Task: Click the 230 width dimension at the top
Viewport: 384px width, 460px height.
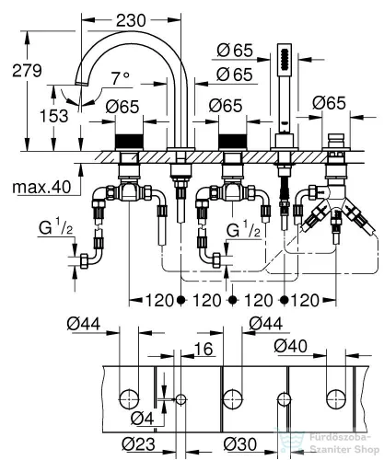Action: [x=131, y=20]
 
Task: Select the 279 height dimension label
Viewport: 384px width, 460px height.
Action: [x=27, y=71]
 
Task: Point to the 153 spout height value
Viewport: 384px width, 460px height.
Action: [x=54, y=116]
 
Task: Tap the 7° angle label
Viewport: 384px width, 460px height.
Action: [x=120, y=78]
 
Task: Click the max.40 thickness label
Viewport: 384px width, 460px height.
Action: [x=41, y=187]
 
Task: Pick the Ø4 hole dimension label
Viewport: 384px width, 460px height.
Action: [x=142, y=419]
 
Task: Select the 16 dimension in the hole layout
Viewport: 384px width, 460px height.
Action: [x=204, y=350]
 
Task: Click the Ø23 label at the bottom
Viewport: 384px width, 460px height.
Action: [x=138, y=443]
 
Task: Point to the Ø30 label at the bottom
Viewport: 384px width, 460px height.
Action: [x=239, y=443]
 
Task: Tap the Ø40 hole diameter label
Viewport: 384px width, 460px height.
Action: [x=290, y=346]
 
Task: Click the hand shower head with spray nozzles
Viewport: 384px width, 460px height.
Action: [x=284, y=61]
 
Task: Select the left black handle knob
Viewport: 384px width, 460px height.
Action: [x=129, y=141]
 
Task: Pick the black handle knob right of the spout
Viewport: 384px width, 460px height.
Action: [x=232, y=141]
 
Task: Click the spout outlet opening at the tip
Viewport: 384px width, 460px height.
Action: [x=82, y=83]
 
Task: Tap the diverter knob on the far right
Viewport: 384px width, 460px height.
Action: [x=336, y=141]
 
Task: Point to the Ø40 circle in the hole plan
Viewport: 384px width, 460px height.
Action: [x=336, y=399]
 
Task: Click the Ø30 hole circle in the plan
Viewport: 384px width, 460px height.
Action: [x=284, y=399]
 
